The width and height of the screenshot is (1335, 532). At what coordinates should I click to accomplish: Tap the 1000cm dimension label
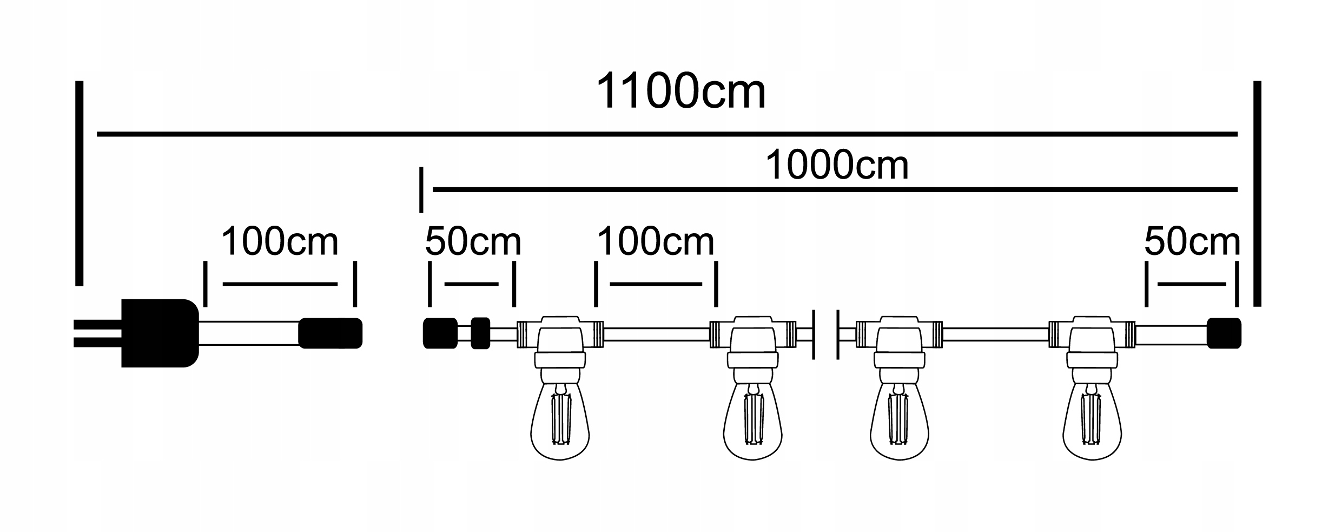(837, 166)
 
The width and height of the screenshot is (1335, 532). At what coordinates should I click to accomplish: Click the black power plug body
(160, 333)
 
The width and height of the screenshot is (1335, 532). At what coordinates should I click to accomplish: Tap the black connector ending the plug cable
(330, 333)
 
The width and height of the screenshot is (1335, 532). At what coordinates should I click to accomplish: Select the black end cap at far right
(1224, 333)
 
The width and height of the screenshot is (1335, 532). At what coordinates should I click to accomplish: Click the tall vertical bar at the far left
(80, 183)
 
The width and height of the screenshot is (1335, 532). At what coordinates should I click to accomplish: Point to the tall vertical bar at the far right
(1257, 193)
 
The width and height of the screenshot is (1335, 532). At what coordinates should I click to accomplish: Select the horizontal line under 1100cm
(667, 134)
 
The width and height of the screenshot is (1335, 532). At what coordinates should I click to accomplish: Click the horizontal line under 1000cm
(835, 189)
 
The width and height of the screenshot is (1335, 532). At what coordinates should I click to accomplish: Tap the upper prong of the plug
(97, 324)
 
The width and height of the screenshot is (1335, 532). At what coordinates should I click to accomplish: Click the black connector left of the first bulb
(439, 333)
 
